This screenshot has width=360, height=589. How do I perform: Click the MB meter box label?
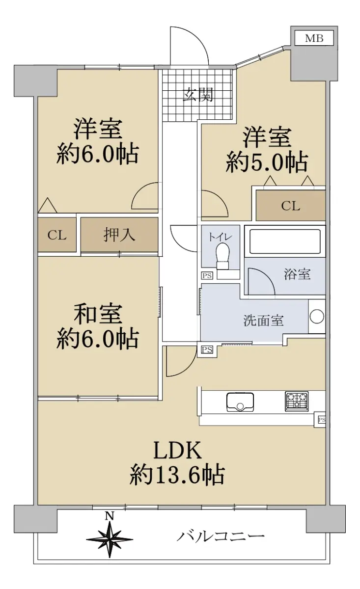(x=314, y=38)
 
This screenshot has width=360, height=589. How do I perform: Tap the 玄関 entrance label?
(x=198, y=95)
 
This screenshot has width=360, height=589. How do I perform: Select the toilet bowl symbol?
(x=223, y=255)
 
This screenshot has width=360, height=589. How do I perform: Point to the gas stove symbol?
(x=297, y=401)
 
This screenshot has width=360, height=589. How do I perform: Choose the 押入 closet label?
(x=119, y=235)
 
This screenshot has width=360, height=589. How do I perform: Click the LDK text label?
(x=177, y=450)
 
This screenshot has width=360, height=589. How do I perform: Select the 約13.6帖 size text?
(x=177, y=475)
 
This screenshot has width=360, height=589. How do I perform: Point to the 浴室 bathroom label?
(x=297, y=274)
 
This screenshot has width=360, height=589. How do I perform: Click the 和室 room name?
(x=97, y=314)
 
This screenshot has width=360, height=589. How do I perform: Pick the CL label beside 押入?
(x=57, y=235)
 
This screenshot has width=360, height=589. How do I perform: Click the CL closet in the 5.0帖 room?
(x=290, y=206)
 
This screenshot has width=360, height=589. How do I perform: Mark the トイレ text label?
(x=220, y=236)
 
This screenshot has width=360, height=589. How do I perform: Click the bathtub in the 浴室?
(x=285, y=241)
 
